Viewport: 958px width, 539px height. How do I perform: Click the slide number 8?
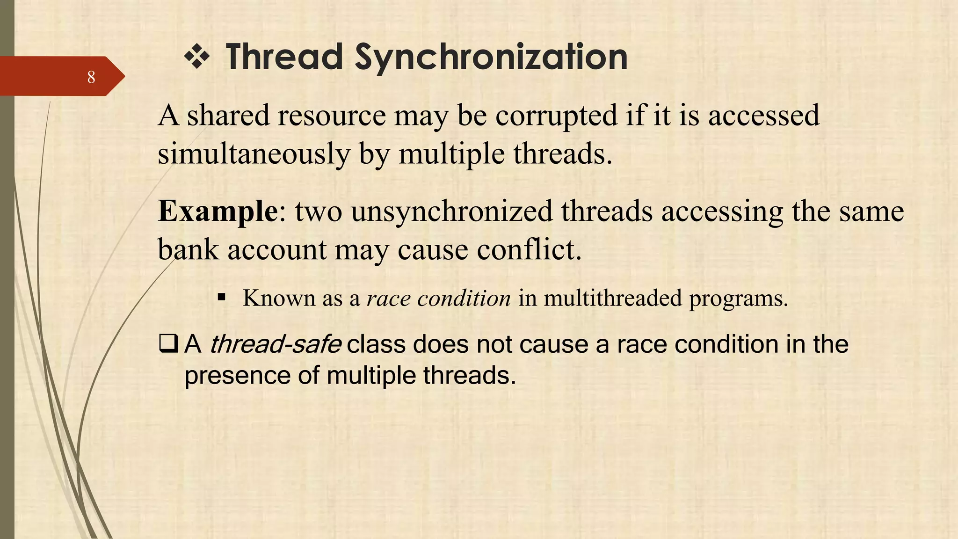91,77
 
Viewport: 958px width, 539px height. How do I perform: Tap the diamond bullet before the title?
197,58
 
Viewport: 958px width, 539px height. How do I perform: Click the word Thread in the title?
284,57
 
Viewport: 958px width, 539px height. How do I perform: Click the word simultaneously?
254,154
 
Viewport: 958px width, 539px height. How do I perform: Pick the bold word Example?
218,211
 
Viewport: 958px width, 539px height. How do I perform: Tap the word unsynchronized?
452,211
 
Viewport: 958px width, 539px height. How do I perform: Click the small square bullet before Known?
222,297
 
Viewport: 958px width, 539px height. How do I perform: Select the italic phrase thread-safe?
275,345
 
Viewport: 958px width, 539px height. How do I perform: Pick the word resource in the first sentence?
332,116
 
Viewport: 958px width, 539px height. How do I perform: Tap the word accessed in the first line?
763,116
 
